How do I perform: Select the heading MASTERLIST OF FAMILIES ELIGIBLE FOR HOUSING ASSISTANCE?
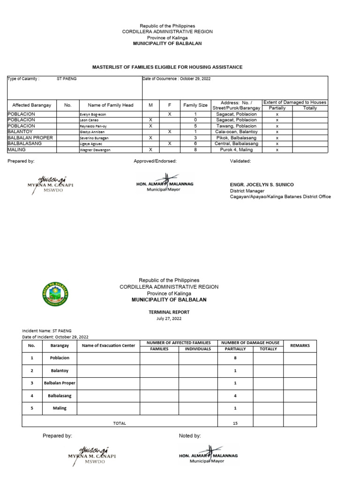point(180,67)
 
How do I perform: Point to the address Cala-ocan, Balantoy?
point(236,132)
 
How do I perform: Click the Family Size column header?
point(195,105)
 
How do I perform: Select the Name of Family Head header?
point(111,105)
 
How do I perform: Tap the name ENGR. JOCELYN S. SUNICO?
point(262,185)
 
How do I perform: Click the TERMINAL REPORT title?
point(169,312)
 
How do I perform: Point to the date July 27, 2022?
point(169,318)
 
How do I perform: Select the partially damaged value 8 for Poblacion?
point(235,358)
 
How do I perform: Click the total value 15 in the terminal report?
point(235,423)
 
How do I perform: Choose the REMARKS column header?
point(300,345)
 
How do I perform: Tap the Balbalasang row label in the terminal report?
point(60,396)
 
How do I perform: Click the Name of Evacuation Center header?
point(108,345)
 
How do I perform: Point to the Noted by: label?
point(190,436)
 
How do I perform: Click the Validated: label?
point(240,161)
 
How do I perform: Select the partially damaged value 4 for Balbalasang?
point(235,396)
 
